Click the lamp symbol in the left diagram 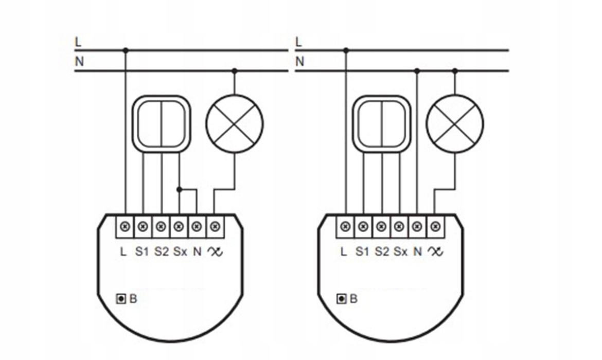click(235, 123)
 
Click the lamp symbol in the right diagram click(455, 123)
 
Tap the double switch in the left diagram click(162, 123)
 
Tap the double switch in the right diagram click(382, 123)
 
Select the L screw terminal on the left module click(125, 226)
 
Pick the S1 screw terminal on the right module click(363, 226)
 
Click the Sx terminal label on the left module click(180, 252)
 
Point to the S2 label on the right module click(382, 252)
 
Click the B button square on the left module click(121, 299)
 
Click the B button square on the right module click(341, 299)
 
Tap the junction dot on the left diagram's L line click(125, 50)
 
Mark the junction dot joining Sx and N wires click(179, 190)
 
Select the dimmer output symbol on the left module click(216, 252)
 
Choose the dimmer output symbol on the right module click(436, 252)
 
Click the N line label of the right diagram click(300, 61)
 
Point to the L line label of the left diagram click(78, 42)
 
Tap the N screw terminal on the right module click(417, 226)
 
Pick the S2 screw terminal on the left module click(161, 226)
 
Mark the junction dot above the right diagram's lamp click(455, 71)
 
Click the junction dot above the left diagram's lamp click(235, 71)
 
